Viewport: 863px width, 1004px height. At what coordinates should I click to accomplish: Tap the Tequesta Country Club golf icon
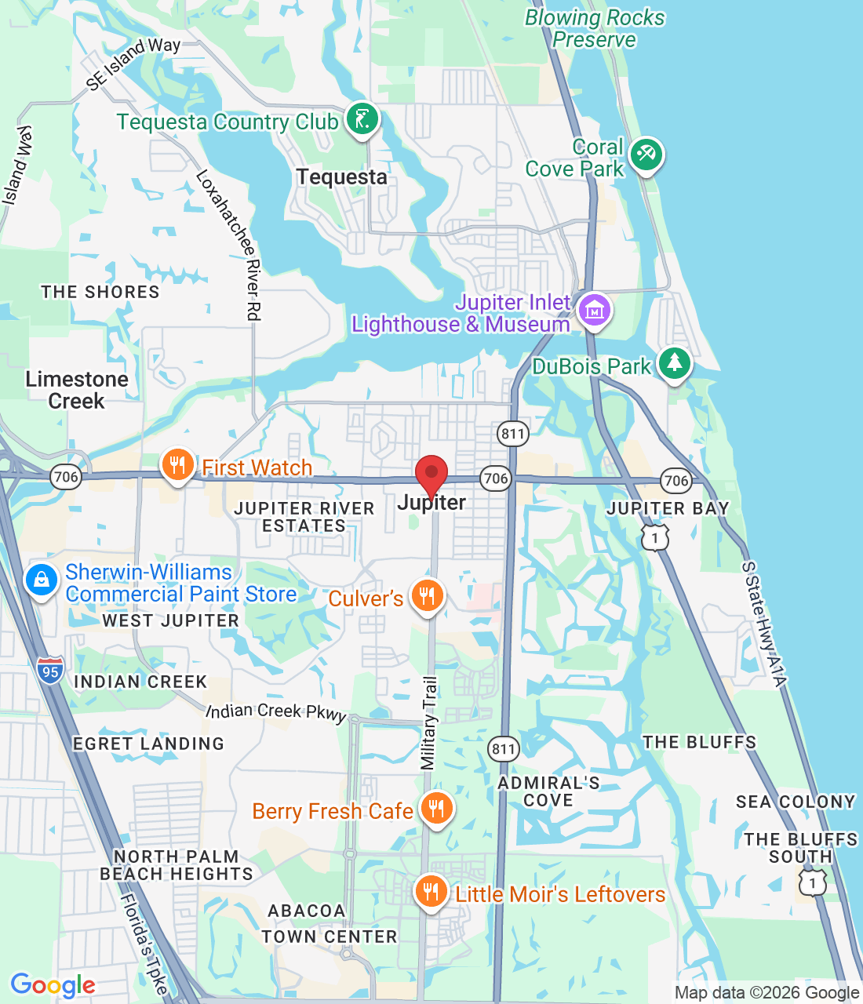362,120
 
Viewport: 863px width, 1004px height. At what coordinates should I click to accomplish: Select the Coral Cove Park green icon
646,155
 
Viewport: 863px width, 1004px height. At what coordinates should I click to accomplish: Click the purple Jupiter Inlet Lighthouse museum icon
595,311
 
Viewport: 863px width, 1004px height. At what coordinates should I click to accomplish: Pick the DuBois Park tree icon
674,363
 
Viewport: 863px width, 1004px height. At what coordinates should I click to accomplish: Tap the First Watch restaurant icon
178,466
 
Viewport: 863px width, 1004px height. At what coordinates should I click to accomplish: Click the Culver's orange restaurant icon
427,596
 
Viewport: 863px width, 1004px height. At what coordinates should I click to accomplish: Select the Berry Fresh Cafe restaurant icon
436,808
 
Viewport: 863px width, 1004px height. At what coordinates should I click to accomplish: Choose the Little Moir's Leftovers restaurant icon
431,892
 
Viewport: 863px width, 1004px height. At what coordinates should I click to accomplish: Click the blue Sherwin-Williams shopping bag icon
41,581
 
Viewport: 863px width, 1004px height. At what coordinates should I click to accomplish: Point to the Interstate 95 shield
51,671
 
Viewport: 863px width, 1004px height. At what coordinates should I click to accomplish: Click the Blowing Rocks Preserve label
594,28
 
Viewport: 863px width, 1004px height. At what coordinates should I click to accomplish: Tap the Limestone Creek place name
76,390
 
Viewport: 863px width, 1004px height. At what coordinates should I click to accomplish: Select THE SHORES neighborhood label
100,292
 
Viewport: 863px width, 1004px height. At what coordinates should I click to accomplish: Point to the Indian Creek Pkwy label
276,711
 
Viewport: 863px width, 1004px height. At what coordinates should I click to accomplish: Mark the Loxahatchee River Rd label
228,245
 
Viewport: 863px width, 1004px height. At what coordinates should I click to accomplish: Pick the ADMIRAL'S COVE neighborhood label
548,791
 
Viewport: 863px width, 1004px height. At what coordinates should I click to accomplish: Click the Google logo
53,985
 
